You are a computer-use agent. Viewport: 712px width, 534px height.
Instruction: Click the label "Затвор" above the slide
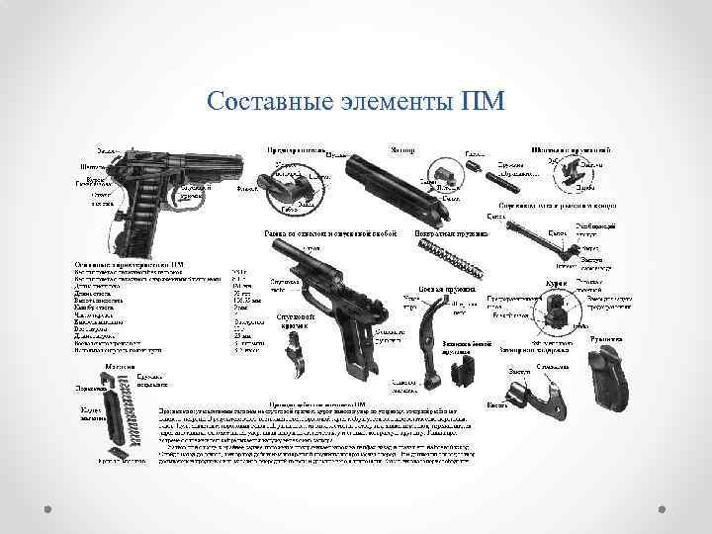point(401,149)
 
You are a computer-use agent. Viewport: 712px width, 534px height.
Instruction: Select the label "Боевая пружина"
point(439,289)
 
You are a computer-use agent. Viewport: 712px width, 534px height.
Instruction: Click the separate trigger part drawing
point(296,355)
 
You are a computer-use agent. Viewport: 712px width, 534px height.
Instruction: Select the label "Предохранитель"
point(294,150)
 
